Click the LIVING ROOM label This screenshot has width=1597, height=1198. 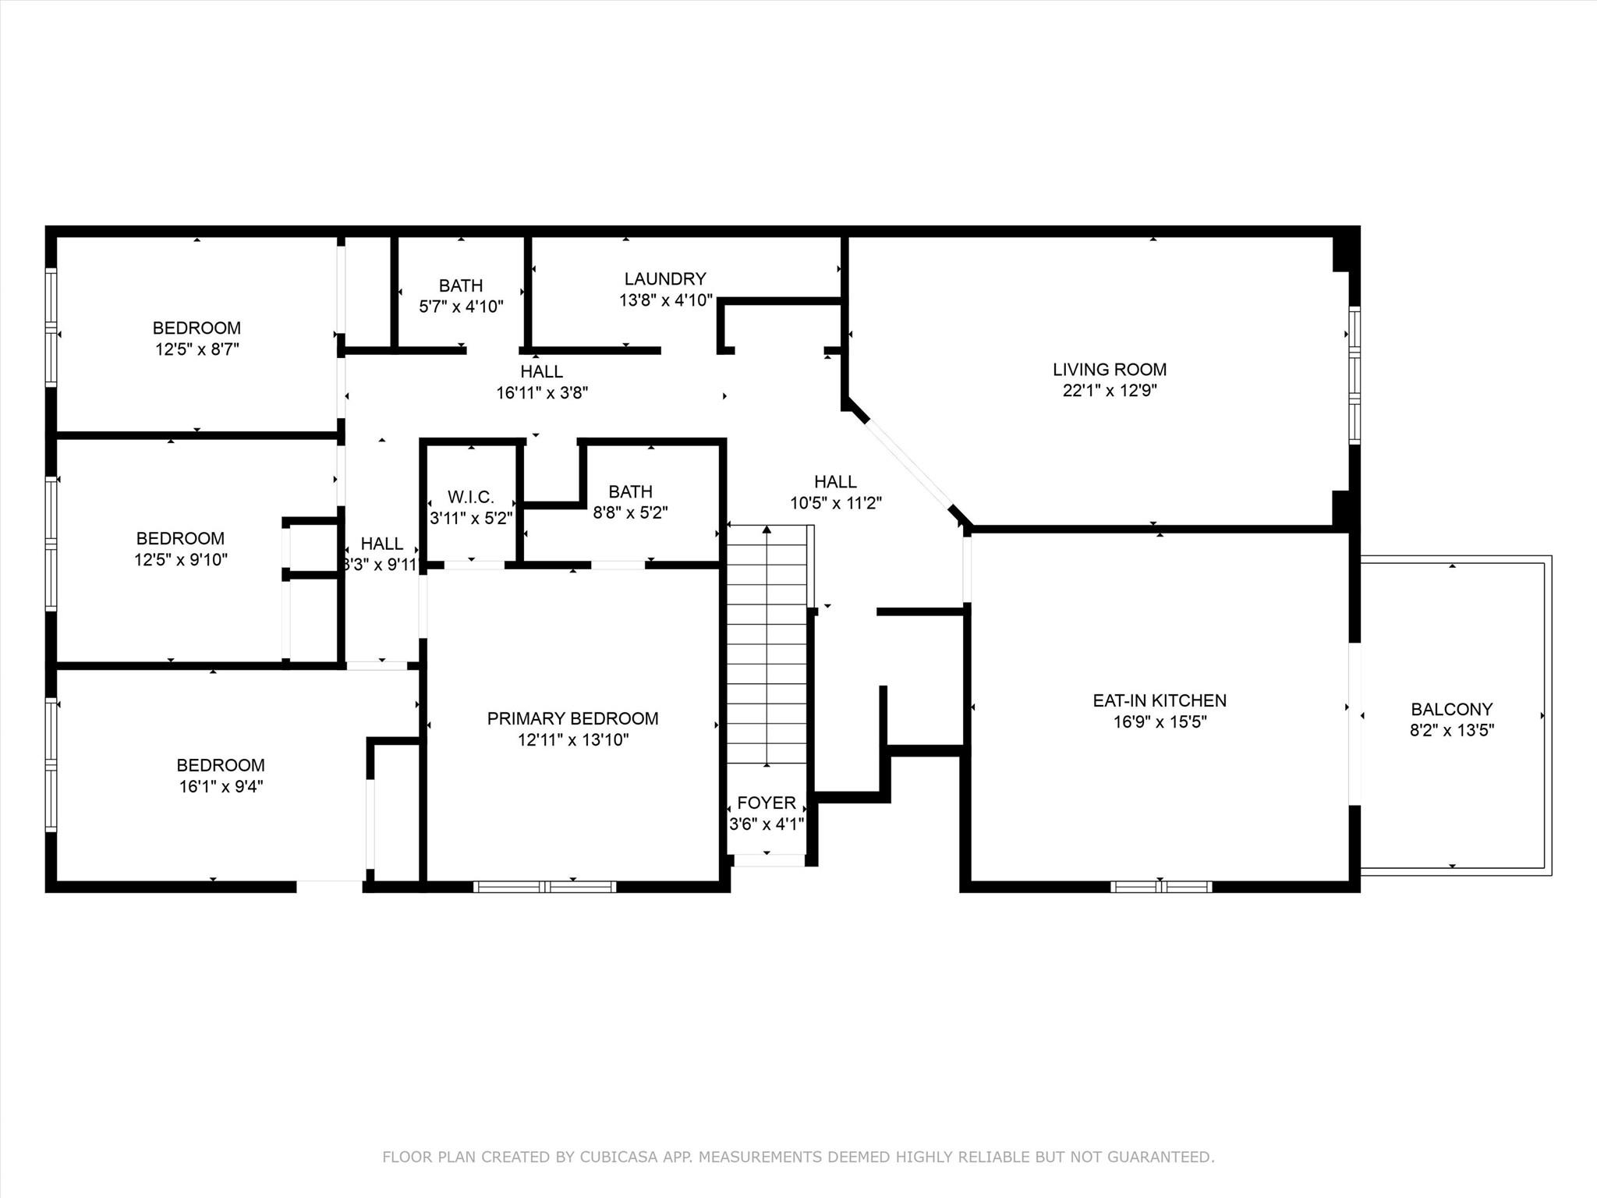tap(1110, 370)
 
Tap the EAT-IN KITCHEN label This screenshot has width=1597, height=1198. tap(1160, 700)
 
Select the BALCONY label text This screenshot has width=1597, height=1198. tap(1452, 709)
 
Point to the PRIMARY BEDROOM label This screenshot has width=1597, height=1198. tap(572, 718)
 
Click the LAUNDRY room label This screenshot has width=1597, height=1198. tap(665, 278)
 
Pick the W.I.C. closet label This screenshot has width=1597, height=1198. tap(471, 497)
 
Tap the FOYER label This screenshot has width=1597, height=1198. tap(767, 803)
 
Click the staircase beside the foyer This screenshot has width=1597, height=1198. tap(767, 645)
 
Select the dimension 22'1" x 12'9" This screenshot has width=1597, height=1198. tap(1110, 391)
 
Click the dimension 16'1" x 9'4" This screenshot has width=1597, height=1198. tap(221, 786)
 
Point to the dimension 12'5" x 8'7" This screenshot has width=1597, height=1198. tap(197, 349)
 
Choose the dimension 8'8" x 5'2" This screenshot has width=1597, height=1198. tap(631, 512)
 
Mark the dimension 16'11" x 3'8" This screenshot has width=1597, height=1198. tap(542, 392)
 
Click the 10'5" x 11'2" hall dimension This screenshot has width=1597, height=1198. tap(836, 503)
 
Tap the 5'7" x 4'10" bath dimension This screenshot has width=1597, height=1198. tap(461, 307)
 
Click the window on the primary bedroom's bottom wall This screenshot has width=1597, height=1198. tap(545, 886)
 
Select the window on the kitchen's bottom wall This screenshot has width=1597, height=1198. tap(1161, 886)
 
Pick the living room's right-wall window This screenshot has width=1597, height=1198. tap(1355, 376)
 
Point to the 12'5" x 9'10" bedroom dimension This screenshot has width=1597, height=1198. tap(181, 559)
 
